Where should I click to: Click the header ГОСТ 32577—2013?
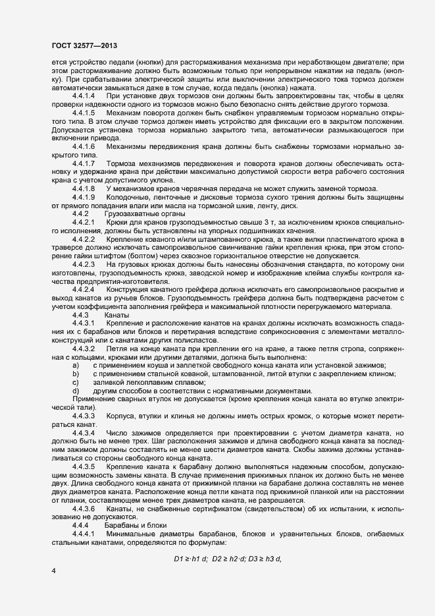coord(84,45)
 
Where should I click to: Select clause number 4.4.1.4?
coord(85,96)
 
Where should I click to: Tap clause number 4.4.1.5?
coord(85,113)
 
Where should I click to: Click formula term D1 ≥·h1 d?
coord(190,541)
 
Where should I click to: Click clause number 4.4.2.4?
coord(85,289)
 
